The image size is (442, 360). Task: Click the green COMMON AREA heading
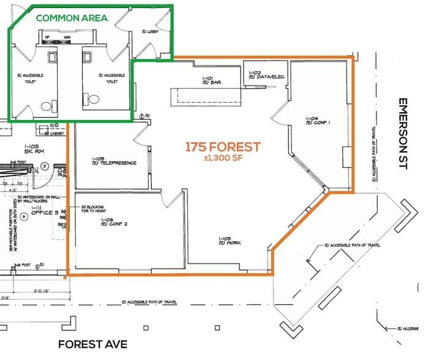(x=72, y=17)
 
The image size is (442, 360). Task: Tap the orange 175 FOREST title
(x=223, y=147)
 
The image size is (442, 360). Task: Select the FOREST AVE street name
(x=93, y=344)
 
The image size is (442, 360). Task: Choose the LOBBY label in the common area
(x=151, y=48)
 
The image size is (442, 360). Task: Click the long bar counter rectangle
(x=208, y=96)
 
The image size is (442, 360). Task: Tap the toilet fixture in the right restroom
(x=93, y=99)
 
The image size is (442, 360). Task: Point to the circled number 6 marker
(x=24, y=216)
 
